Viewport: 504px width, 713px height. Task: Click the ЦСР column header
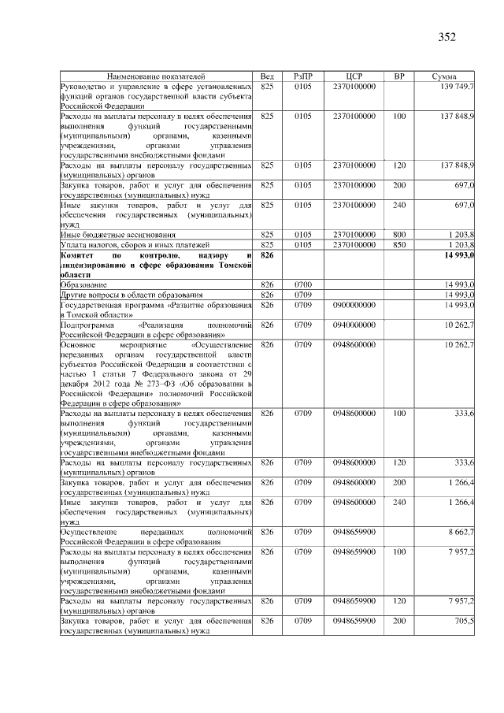click(x=354, y=76)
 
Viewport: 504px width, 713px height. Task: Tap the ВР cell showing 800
click(x=399, y=235)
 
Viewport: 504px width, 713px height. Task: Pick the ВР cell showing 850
click(x=399, y=244)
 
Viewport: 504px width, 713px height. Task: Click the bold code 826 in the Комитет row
click(x=266, y=255)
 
